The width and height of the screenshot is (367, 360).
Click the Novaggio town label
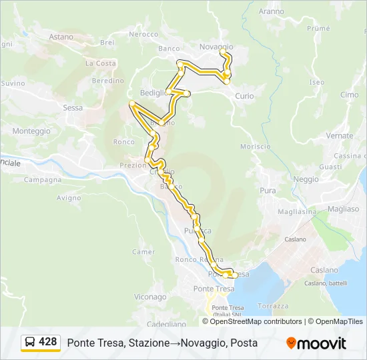(x=216, y=47)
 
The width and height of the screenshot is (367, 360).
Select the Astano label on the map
(x=61, y=37)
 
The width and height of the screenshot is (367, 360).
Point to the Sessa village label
(x=72, y=107)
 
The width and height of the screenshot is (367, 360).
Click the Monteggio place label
(x=31, y=131)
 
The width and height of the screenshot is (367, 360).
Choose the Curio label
(x=244, y=96)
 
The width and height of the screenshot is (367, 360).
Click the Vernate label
(x=340, y=135)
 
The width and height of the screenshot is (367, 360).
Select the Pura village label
(x=268, y=191)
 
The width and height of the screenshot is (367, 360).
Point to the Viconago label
(x=150, y=297)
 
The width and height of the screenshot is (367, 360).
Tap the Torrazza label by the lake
(x=273, y=306)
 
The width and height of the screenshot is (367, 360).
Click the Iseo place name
(x=316, y=83)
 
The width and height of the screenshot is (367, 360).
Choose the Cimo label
(x=349, y=95)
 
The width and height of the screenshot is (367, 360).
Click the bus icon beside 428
(x=30, y=343)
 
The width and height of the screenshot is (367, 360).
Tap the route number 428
(x=47, y=342)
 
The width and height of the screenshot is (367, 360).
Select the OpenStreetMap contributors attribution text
(x=256, y=321)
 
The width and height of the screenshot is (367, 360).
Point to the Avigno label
(x=69, y=198)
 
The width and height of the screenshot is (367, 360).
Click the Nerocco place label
(x=143, y=34)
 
